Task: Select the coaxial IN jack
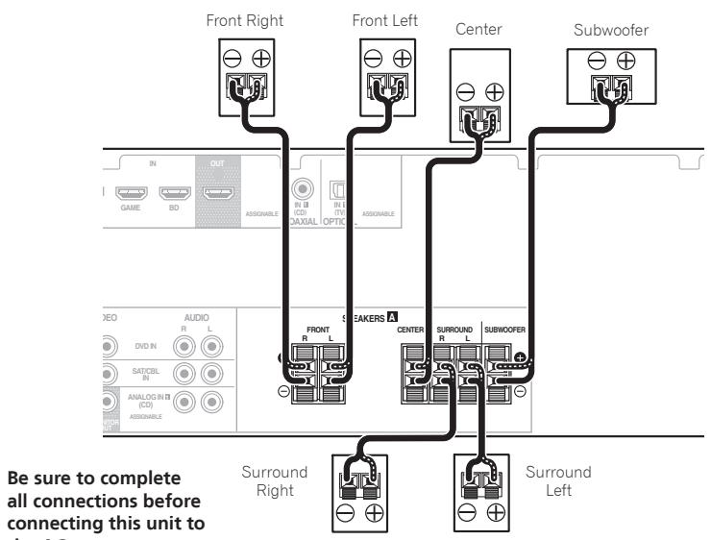point(305,193)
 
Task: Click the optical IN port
point(338,193)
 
